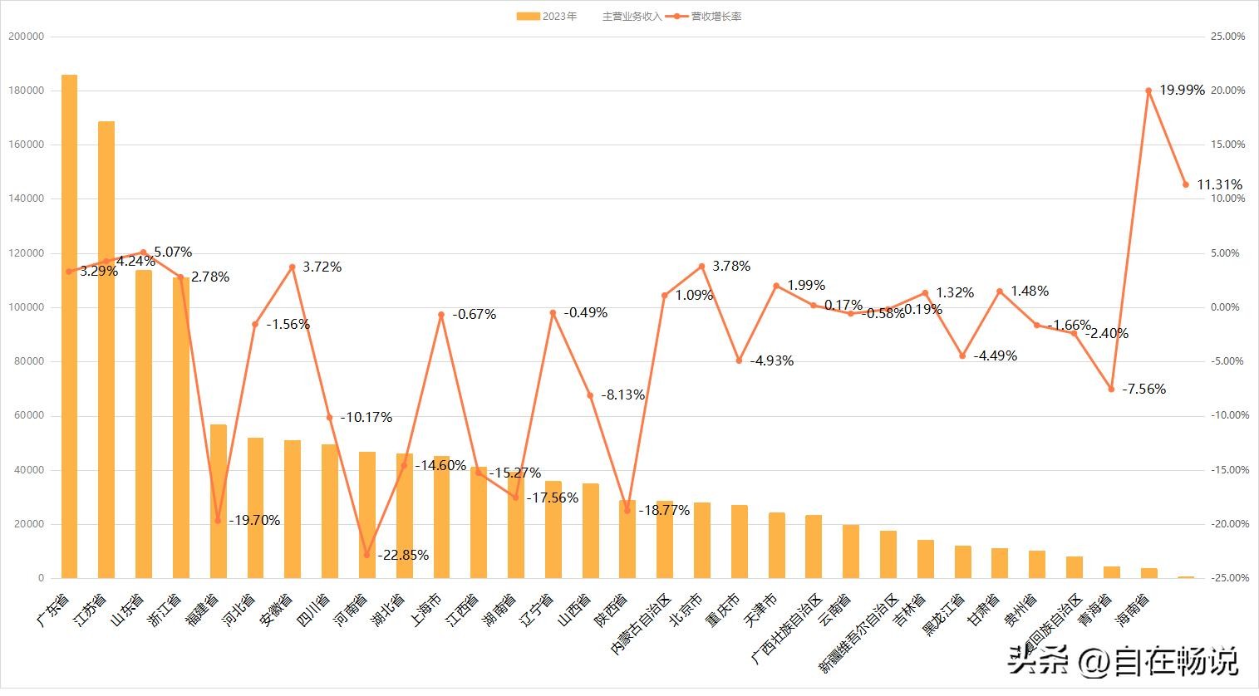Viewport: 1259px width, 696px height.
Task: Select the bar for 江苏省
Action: (106, 349)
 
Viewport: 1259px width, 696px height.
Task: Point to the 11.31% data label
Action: (1219, 184)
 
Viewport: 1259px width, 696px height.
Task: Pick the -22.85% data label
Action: (403, 555)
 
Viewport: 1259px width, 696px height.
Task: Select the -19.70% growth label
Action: (254, 521)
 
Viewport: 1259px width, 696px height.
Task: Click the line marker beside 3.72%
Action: (292, 267)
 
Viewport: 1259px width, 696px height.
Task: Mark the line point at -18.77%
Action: (627, 511)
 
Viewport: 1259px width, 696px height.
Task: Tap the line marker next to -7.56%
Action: (1111, 389)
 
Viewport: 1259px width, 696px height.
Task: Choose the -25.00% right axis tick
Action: (1226, 578)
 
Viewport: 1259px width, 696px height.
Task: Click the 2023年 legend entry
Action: (547, 16)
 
